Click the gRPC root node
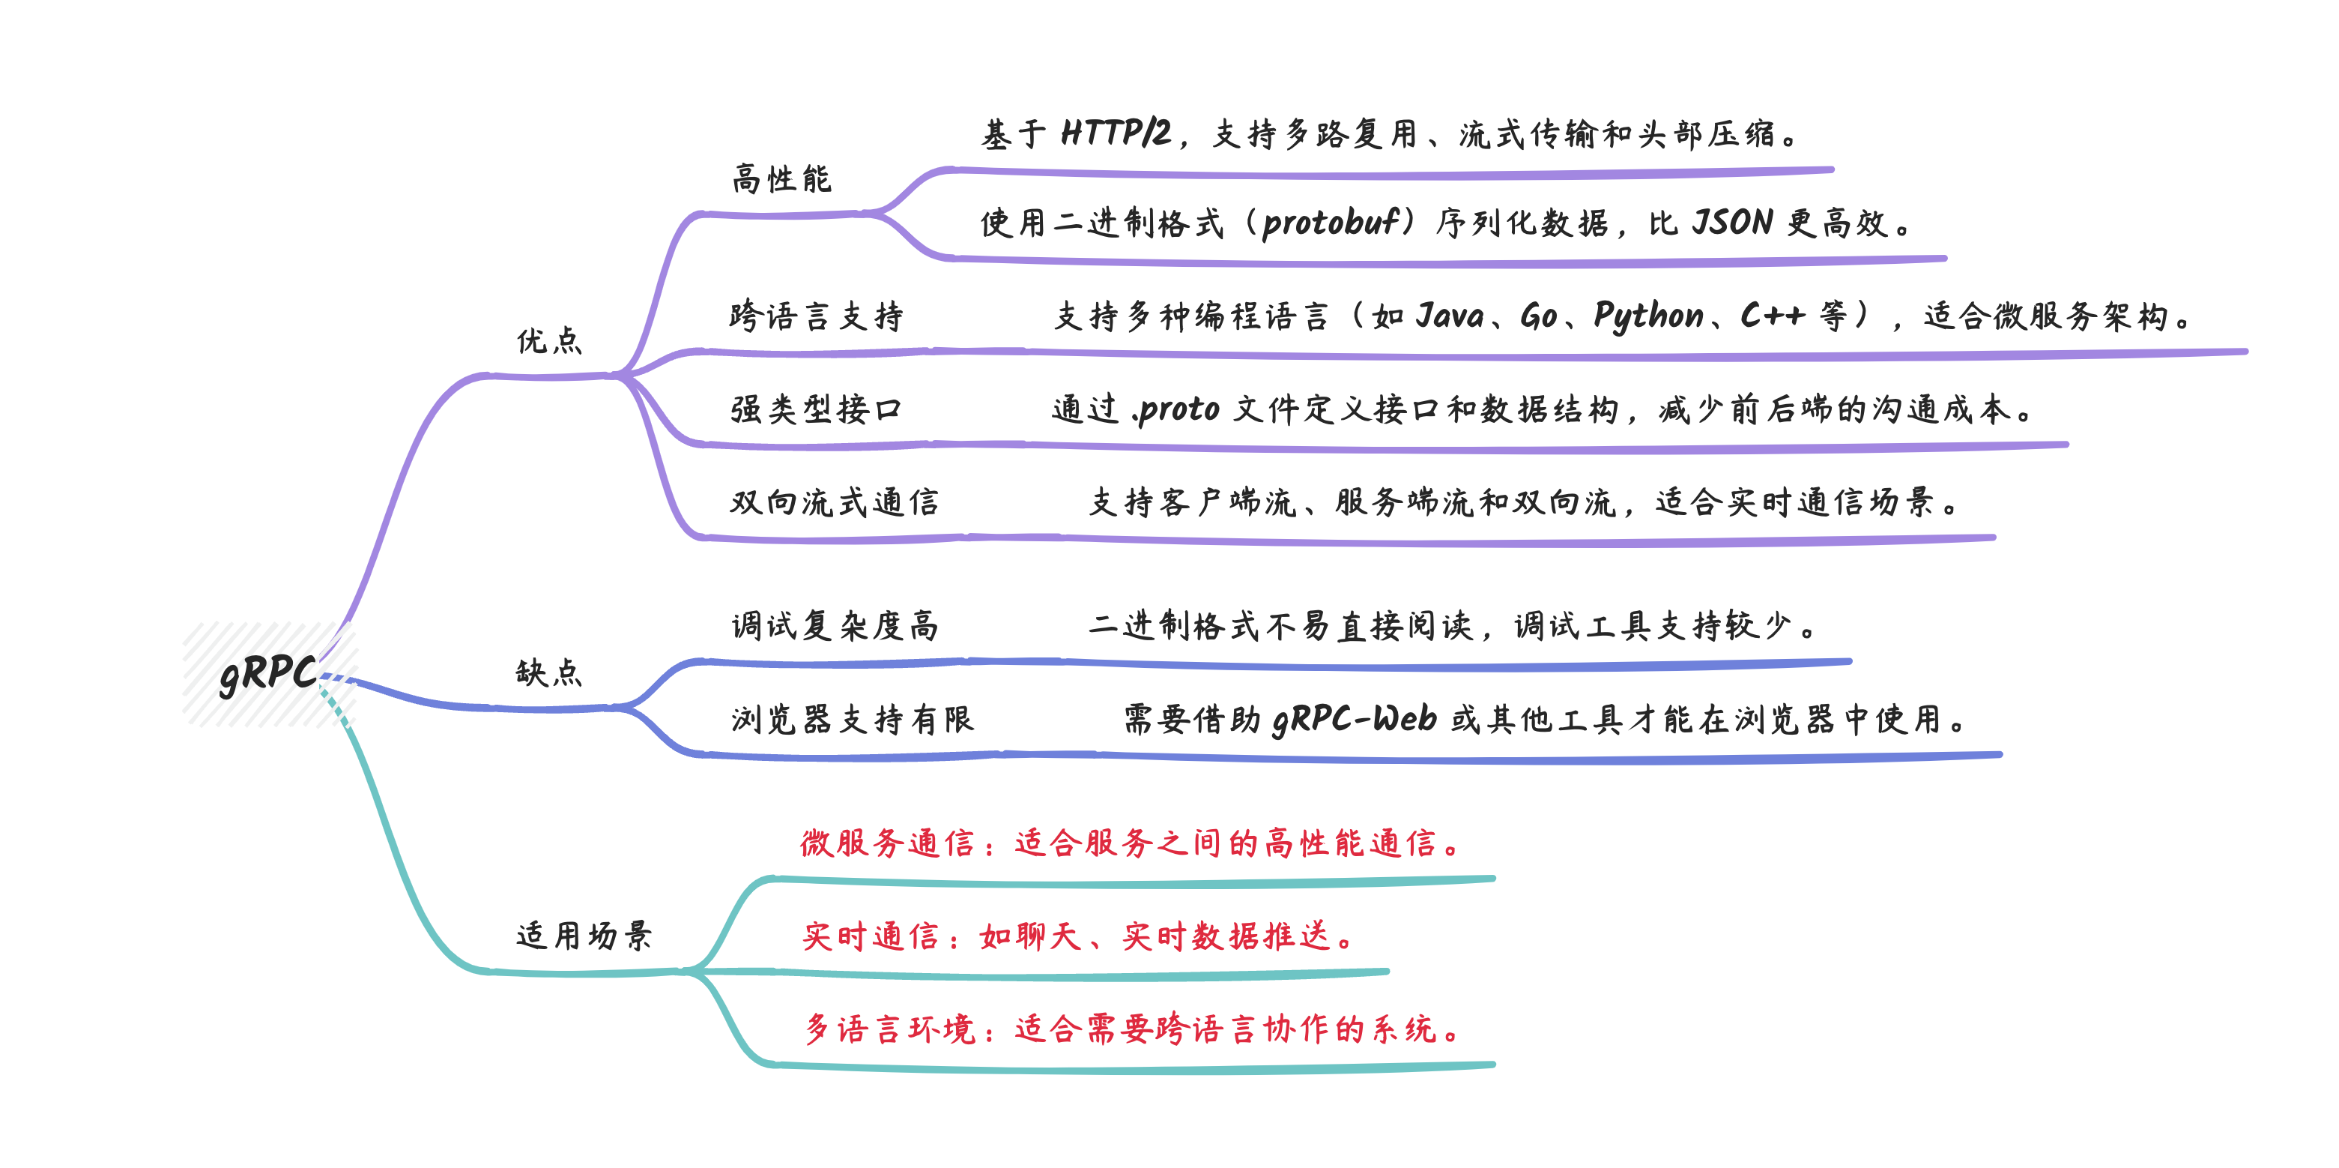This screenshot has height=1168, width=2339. point(268,674)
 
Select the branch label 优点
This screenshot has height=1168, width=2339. point(549,340)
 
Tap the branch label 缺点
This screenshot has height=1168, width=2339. point(549,673)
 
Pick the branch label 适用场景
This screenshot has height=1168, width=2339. point(584,936)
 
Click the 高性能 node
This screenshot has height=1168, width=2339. point(781,179)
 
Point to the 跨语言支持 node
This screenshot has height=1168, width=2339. point(817,316)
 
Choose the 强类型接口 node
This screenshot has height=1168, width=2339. point(817,409)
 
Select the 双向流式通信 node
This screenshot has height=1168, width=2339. point(835,502)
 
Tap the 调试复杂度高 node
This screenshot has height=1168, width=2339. point(835,626)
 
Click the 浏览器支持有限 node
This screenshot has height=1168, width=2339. point(853,720)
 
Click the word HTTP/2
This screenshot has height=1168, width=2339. point(1116,133)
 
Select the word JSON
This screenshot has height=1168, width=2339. point(1732,223)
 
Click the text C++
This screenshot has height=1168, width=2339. point(1772,315)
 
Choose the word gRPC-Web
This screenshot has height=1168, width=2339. point(1354,720)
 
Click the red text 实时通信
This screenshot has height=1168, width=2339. point(871,936)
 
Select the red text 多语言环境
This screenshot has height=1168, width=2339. point(890,1029)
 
